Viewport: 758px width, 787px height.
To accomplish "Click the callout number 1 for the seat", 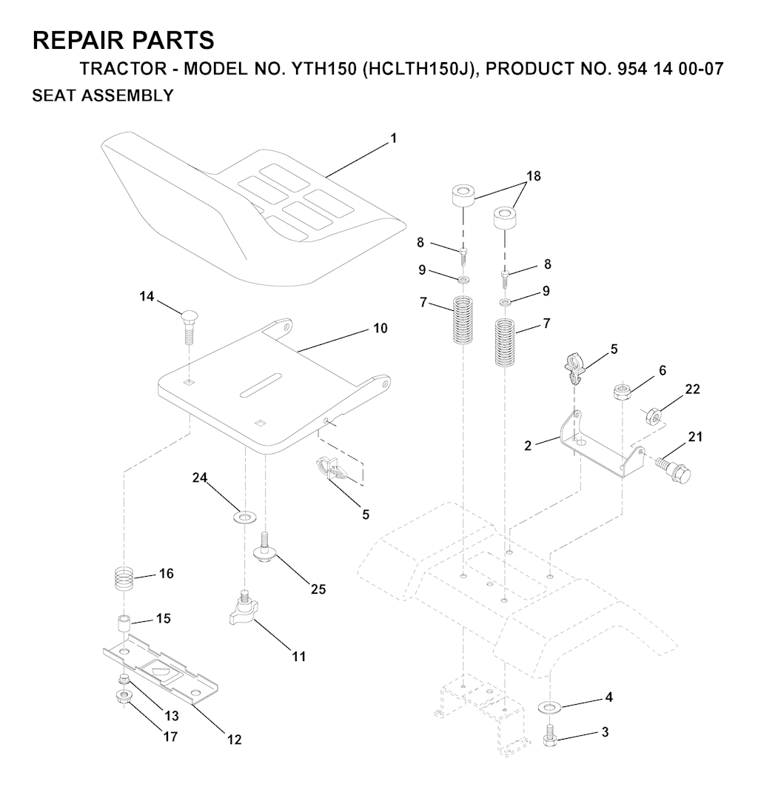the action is (394, 138).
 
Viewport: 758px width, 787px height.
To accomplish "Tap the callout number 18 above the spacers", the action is (533, 176).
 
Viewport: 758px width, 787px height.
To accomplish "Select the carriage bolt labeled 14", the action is (187, 326).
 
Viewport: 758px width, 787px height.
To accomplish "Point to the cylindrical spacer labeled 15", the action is (124, 624).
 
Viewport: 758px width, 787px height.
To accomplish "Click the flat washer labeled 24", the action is (244, 517).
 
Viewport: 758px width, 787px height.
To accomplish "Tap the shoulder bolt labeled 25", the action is (264, 549).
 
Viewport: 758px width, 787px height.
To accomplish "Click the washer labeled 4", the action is (549, 707).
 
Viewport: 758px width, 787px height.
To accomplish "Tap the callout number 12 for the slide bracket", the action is (235, 740).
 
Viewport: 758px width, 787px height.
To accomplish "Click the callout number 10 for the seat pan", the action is (380, 328).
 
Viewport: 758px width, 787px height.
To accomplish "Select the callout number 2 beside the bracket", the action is (528, 446).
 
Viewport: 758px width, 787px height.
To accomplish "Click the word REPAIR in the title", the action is (82, 40).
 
